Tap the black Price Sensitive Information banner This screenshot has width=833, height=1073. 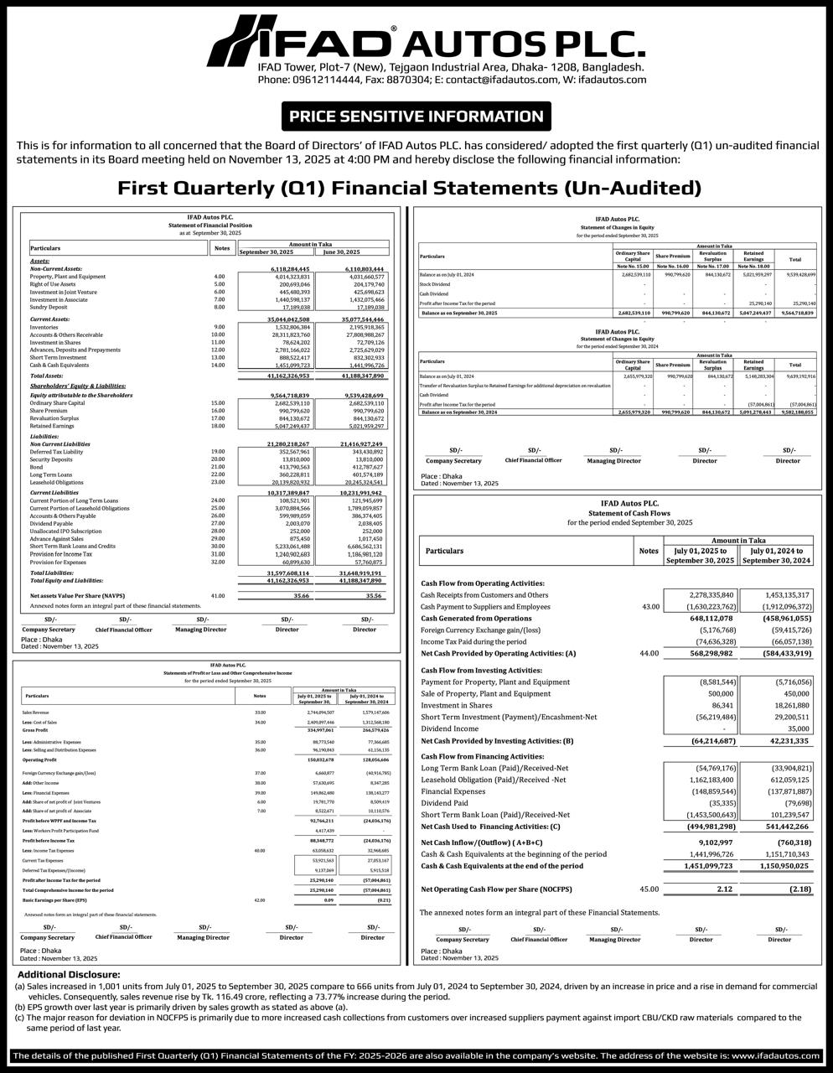tap(416, 117)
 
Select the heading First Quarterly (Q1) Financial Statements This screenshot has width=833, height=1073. tap(409, 187)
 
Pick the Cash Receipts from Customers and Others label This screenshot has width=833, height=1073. tap(484, 594)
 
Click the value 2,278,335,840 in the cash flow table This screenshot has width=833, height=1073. tap(705, 594)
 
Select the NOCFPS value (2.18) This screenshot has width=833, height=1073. tap(797, 889)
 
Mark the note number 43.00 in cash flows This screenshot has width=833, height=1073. tap(649, 606)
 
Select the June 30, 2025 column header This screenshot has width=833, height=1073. tap(342, 251)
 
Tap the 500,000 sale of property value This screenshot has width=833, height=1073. tap(722, 694)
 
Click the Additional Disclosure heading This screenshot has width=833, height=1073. tap(70, 974)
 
